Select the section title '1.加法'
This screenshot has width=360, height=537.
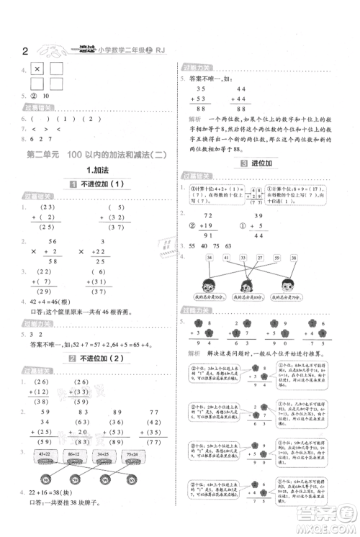tap(96, 170)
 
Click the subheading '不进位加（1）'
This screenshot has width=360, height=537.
tap(101, 184)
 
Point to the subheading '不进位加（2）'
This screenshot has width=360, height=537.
tap(101, 358)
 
